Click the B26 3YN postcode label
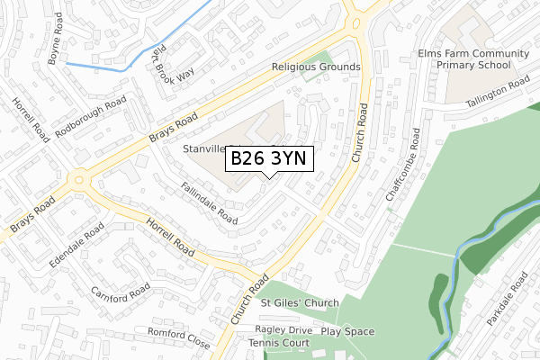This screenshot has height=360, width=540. (x=268, y=158)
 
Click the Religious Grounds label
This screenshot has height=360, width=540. (x=316, y=67)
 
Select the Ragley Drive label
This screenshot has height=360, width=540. (x=283, y=330)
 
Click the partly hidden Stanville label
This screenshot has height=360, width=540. (x=202, y=148)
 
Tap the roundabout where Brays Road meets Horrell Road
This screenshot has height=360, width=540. (x=79, y=179)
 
